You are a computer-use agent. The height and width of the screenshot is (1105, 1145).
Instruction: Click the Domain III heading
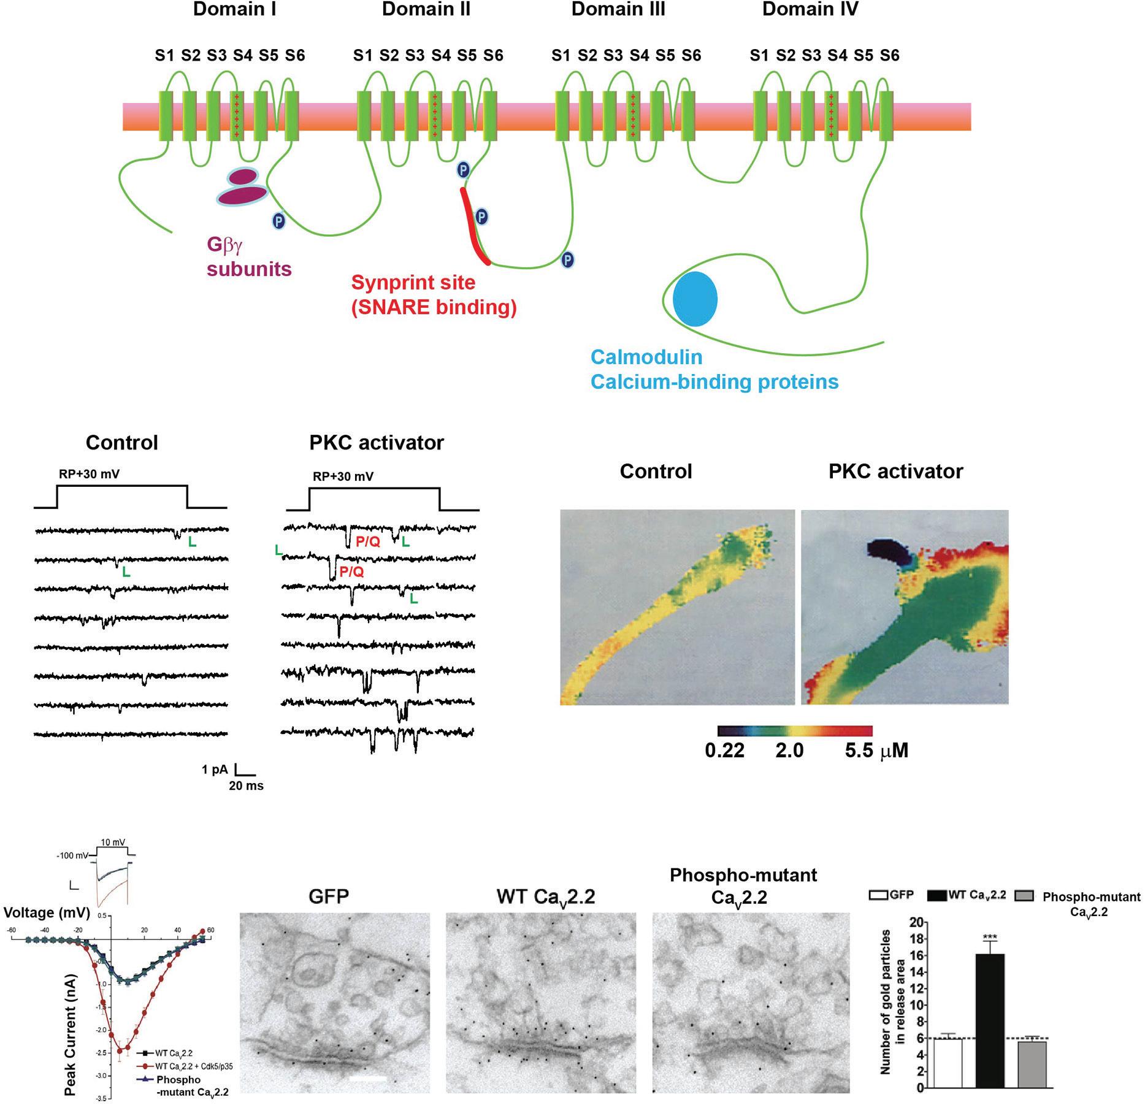[618, 10]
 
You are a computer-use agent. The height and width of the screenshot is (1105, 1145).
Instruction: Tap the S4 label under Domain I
[243, 56]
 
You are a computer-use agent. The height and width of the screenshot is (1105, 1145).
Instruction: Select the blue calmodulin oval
[695, 299]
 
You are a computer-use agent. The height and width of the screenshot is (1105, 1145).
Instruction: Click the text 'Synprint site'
[413, 283]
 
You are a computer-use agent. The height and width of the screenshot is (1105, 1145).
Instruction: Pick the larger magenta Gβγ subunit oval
[242, 195]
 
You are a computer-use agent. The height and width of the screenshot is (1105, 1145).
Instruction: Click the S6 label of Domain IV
[889, 56]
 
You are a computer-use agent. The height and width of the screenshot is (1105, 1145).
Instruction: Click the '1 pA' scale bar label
[215, 769]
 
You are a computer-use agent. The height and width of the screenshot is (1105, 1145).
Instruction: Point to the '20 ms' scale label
[246, 786]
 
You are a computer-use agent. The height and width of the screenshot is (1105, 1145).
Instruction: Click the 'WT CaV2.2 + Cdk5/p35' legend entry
[194, 1066]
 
